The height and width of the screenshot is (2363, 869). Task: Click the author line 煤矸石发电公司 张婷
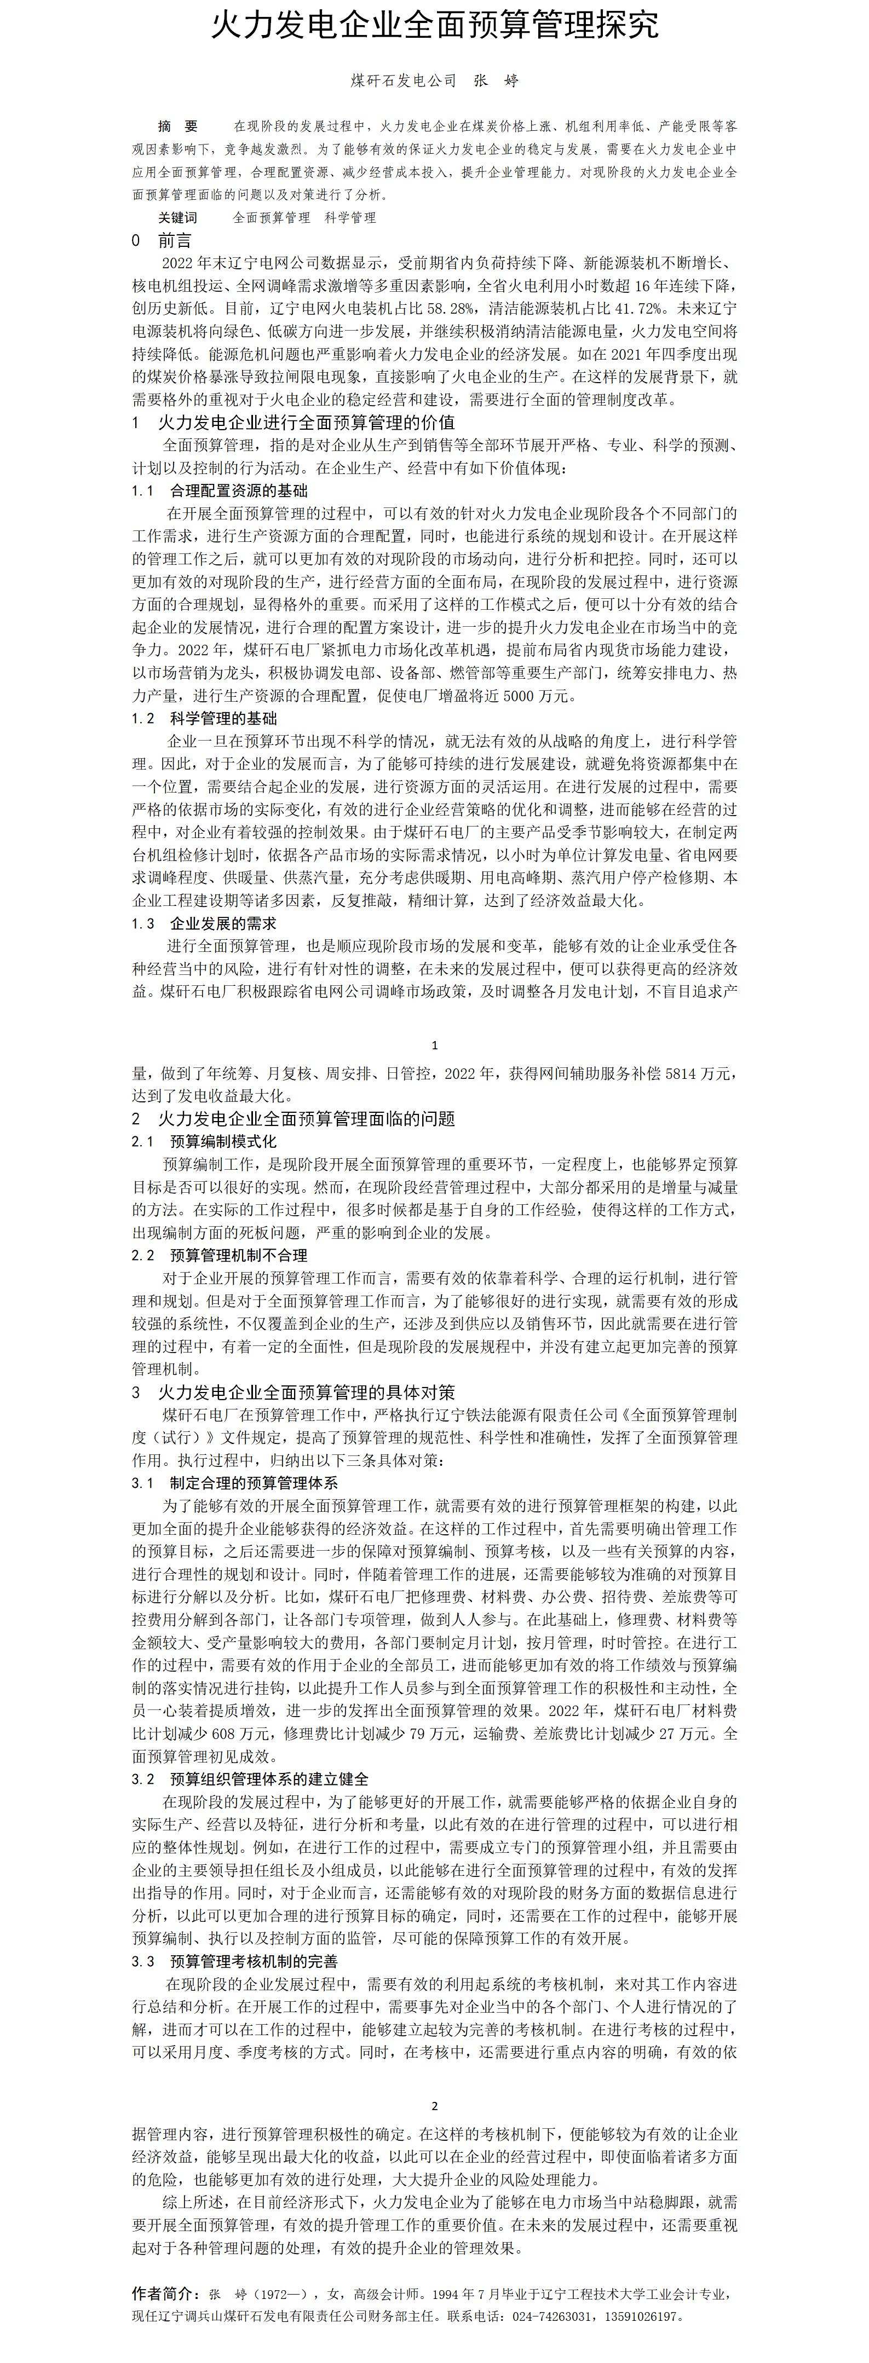click(434, 80)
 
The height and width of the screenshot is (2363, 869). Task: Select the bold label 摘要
click(177, 126)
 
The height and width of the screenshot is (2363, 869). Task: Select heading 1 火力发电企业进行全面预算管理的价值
click(293, 423)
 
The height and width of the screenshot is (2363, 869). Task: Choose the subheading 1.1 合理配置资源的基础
click(220, 491)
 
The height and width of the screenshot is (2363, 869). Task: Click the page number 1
click(434, 1045)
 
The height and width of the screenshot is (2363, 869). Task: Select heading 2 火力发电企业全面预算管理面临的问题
click(293, 1119)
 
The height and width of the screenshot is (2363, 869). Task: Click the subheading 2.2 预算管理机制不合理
click(220, 1256)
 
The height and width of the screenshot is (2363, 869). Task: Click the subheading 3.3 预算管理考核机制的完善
click(235, 1961)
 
